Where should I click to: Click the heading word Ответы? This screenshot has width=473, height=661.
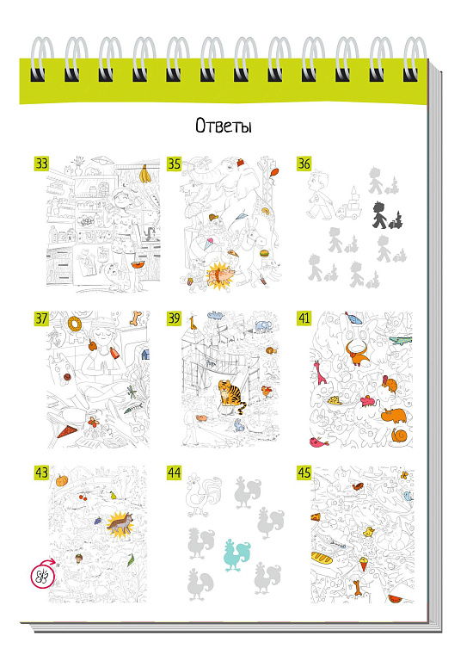(224, 125)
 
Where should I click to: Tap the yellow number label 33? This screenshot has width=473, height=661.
(41, 164)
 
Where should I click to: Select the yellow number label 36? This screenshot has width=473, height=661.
(304, 164)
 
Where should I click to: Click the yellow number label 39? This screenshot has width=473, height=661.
(174, 318)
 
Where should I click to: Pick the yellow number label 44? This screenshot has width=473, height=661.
(174, 473)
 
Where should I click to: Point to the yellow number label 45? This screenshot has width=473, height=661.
(304, 473)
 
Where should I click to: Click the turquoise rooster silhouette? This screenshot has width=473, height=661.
(236, 554)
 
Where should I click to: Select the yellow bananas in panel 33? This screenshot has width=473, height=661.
(144, 174)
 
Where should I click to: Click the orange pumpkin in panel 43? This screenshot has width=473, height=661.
(62, 480)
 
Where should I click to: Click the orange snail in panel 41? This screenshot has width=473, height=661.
(398, 435)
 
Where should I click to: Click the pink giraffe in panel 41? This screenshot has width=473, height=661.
(320, 372)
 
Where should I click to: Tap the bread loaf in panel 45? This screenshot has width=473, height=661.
(325, 557)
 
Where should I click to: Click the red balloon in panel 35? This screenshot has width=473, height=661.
(274, 173)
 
